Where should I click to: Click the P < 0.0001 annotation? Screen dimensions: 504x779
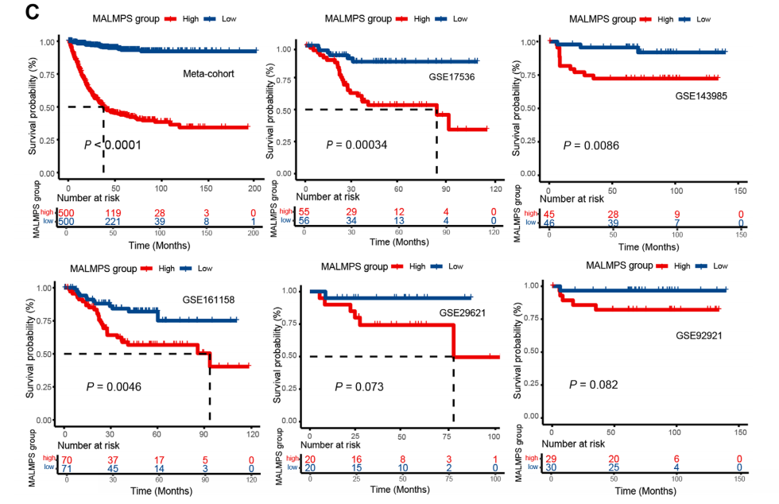[x=114, y=145]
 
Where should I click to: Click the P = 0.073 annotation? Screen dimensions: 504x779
[x=358, y=387]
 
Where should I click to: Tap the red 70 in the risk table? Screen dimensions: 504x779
[x=67, y=459]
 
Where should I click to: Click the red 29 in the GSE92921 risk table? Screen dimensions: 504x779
[x=552, y=459]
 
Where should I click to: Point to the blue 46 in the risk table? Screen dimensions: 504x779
[x=549, y=224]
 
